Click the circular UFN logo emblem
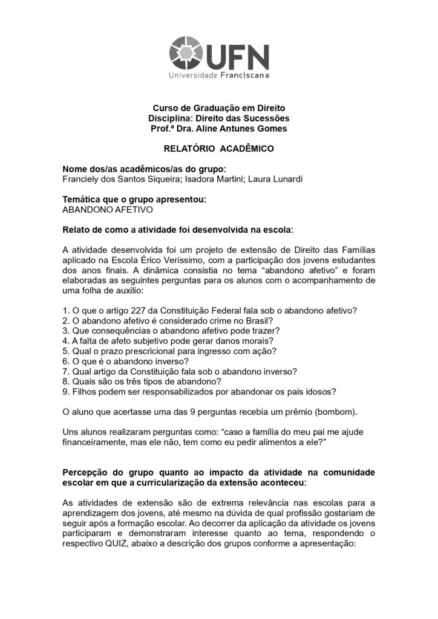186,53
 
